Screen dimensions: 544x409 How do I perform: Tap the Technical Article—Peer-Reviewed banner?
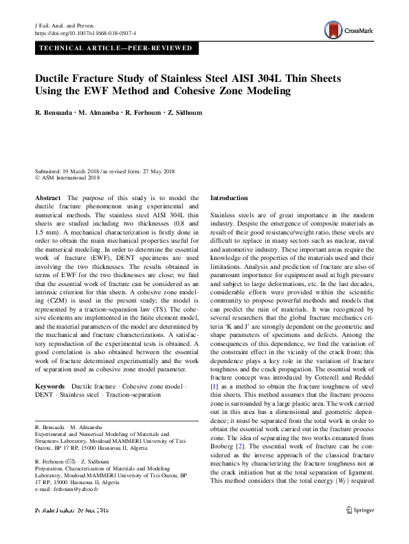115,48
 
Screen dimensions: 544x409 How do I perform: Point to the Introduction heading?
229,198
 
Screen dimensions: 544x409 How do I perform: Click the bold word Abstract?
47,198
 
